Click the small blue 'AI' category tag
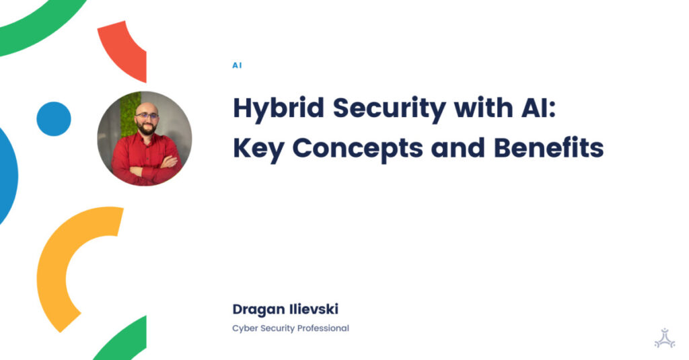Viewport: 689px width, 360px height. (x=237, y=66)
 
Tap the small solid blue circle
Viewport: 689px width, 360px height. (x=54, y=119)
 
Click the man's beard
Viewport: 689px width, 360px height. (x=146, y=128)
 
